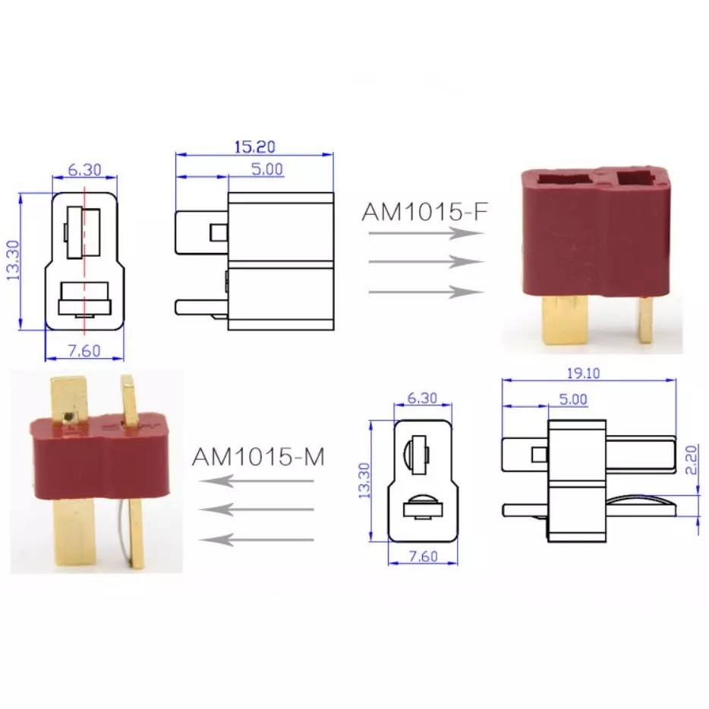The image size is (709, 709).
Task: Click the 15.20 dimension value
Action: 254,147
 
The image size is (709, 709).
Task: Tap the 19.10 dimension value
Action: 583,373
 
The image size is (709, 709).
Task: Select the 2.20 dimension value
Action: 692,459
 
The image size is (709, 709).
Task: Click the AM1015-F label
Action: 425,212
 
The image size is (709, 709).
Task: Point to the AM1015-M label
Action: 258,457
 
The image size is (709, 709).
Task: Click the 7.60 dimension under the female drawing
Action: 84,351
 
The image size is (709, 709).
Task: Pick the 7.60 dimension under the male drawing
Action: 424,556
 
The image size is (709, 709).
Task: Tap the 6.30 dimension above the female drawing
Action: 84,170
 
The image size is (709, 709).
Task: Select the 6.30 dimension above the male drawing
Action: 422,398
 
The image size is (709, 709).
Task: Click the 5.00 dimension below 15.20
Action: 267,169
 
